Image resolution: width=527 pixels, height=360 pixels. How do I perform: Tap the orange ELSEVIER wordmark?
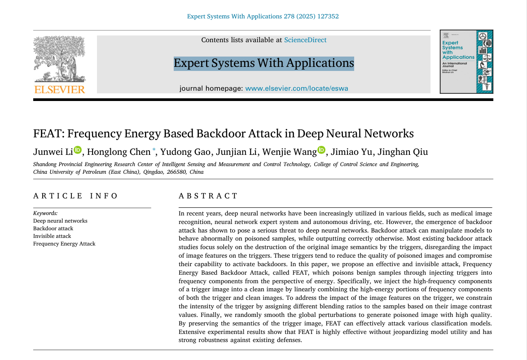(60, 89)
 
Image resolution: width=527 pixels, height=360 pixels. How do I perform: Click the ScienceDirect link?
(305, 40)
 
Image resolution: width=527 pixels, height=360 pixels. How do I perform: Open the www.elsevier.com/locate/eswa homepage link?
(297, 88)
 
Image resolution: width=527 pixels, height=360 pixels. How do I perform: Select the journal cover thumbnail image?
(466, 61)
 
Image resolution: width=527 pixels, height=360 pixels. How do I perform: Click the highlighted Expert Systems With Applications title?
(263, 63)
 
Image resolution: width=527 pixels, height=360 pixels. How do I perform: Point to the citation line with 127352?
(263, 17)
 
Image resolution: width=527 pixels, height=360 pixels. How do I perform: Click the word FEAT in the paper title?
(48, 134)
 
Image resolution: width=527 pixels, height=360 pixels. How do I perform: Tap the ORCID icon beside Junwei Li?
(78, 150)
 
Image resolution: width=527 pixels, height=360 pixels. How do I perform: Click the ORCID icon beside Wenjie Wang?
(321, 150)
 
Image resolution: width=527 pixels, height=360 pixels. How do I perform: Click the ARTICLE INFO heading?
(75, 196)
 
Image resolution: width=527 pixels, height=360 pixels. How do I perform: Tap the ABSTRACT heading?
(208, 196)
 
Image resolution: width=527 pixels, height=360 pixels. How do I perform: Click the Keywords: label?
(45, 213)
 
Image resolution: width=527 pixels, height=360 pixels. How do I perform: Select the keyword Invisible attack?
(52, 236)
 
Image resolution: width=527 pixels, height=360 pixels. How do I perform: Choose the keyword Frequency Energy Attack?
(64, 244)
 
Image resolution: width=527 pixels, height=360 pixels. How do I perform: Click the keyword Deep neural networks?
(60, 221)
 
